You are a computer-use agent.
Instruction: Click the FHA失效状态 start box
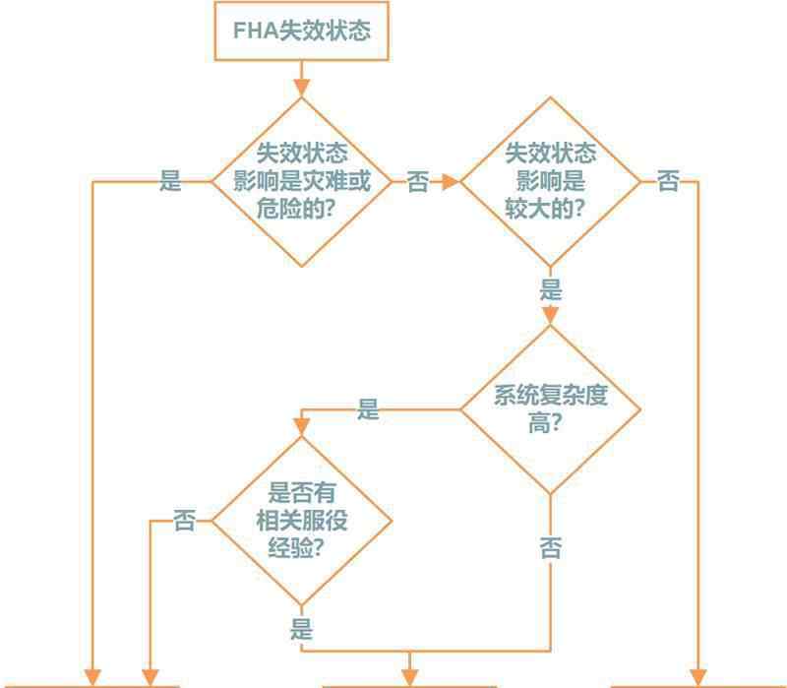click(x=302, y=31)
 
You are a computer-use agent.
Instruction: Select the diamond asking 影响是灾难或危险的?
click(x=302, y=182)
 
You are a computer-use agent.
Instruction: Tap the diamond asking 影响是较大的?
click(x=551, y=182)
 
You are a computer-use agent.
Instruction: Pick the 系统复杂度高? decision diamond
click(x=551, y=409)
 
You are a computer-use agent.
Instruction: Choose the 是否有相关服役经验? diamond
click(x=302, y=521)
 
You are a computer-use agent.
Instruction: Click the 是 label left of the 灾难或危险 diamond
click(x=171, y=182)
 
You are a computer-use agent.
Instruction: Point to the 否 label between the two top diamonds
click(x=418, y=182)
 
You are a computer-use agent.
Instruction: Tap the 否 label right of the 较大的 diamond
click(x=668, y=182)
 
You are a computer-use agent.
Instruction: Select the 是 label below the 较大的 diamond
click(x=551, y=290)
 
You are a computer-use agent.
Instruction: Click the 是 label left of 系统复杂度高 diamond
click(x=368, y=410)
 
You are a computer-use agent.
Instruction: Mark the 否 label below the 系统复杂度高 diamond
click(x=551, y=548)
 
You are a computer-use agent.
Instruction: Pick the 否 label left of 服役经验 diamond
click(x=185, y=521)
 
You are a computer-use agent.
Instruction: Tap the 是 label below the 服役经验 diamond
click(x=302, y=629)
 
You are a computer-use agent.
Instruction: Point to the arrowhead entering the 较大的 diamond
click(x=451, y=182)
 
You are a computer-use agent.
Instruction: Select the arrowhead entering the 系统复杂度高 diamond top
click(x=551, y=315)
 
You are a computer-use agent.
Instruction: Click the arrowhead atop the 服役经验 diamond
click(x=302, y=426)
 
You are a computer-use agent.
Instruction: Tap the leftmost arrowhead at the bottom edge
click(x=92, y=678)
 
